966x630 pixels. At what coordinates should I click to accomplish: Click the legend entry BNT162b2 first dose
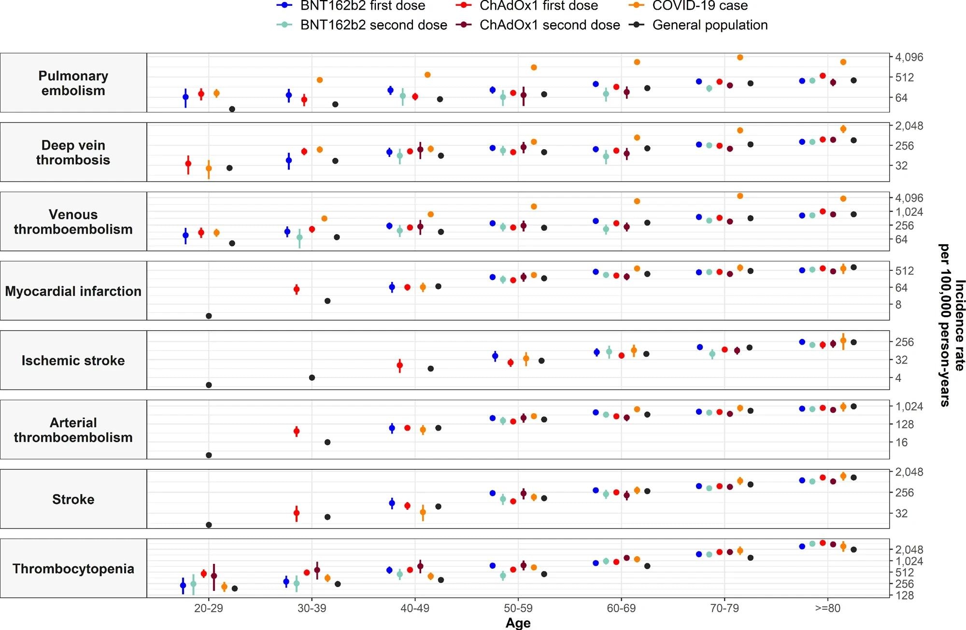[362, 6]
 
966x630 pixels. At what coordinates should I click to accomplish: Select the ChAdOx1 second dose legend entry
[549, 25]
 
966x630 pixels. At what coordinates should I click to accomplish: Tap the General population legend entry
[710, 25]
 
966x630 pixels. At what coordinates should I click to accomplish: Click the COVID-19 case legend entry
[699, 6]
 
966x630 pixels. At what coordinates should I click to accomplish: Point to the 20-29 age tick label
[209, 608]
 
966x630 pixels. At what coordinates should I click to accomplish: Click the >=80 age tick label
[827, 608]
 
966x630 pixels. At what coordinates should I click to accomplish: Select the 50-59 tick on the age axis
[518, 608]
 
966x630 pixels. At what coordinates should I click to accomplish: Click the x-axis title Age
[518, 623]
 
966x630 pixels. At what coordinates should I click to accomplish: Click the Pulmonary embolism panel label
[73, 83]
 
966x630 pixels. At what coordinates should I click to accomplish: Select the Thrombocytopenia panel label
[73, 569]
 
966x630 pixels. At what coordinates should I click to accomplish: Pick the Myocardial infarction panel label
[73, 291]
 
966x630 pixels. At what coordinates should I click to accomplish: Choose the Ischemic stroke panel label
[73, 361]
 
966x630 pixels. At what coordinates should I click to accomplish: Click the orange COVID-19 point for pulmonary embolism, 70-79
[740, 57]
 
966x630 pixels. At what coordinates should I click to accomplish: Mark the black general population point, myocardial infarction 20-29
[209, 316]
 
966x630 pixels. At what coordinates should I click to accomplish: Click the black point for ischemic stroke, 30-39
[312, 378]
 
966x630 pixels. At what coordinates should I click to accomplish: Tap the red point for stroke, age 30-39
[297, 513]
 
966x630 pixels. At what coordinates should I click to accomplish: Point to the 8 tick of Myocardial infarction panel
[898, 305]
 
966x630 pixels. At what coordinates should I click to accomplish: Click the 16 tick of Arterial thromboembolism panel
[901, 442]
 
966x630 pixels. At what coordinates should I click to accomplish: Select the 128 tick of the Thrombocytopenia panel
[905, 595]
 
